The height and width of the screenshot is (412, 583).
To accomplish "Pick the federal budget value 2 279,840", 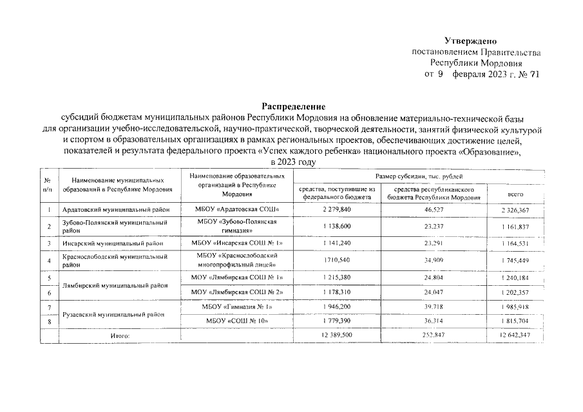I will coord(337,210).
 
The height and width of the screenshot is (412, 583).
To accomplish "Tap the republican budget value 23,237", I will coord(434,227).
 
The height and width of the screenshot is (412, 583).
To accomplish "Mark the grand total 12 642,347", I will coord(513,335).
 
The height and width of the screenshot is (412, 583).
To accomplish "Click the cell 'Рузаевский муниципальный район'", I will coord(112,315).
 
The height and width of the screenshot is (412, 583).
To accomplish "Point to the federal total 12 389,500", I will coord(336,335).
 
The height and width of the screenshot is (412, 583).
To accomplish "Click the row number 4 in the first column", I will coord(49,260).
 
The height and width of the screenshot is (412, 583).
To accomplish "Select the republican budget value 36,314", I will coord(434,320).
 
